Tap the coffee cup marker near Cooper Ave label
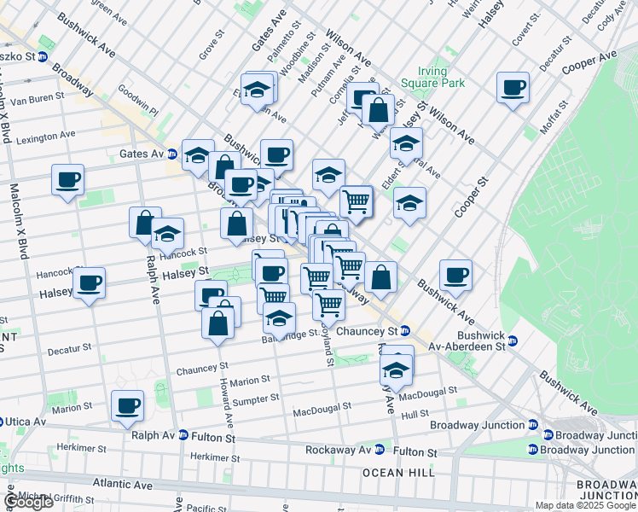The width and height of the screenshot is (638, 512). pyautogui.click(x=513, y=88)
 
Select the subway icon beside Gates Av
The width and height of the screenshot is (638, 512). pyautogui.click(x=171, y=154)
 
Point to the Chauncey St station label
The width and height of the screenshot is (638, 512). pyautogui.click(x=368, y=331)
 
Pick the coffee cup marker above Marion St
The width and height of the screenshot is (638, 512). pyautogui.click(x=127, y=405)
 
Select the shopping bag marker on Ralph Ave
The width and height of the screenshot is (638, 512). pyautogui.click(x=145, y=222)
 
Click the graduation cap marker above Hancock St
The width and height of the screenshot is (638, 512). pyautogui.click(x=167, y=234)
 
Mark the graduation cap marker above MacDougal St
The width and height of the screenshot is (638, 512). pyautogui.click(x=396, y=369)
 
